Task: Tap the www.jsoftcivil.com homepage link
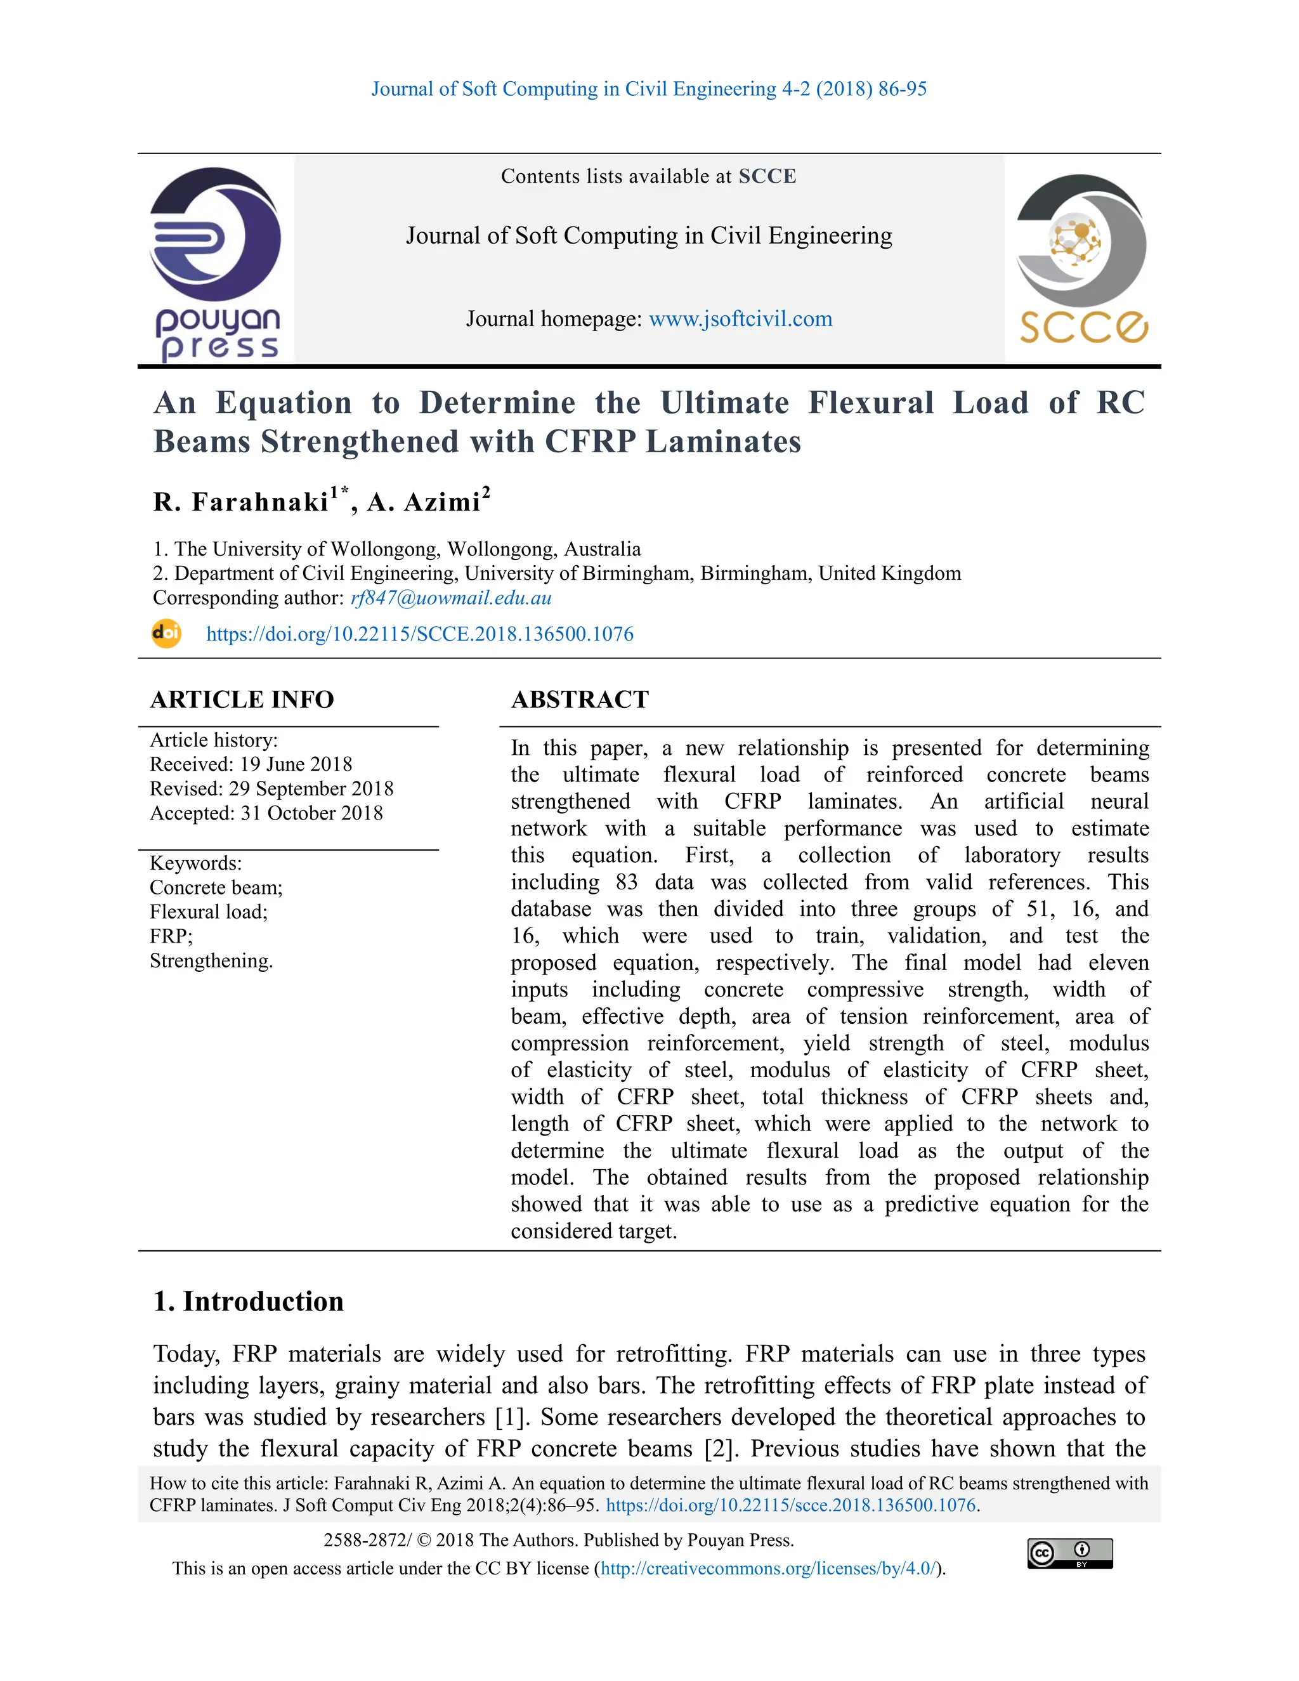740,318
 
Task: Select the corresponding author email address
450,598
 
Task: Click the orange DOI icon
166,634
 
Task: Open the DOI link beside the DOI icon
419,634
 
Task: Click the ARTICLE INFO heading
242,699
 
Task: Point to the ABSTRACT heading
580,699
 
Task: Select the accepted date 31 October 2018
311,814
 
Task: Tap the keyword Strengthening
211,961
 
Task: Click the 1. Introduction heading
248,1302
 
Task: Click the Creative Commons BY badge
1069,1553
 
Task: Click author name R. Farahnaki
241,502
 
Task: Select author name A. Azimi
424,502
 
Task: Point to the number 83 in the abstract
627,882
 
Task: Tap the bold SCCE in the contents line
767,176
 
